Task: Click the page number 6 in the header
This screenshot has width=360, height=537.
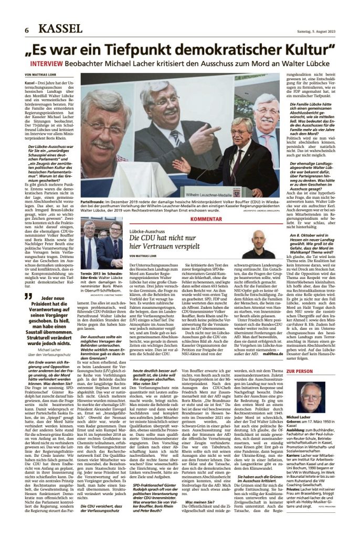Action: pos(26,31)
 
